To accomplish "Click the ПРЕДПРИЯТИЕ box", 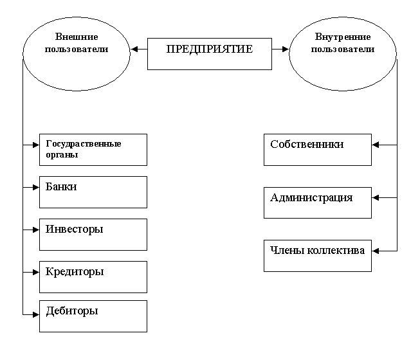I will [x=209, y=53].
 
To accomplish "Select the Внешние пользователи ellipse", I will [x=76, y=50].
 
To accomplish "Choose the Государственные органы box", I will [x=93, y=149].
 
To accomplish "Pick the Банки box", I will [x=93, y=192].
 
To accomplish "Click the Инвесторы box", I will [x=93, y=234].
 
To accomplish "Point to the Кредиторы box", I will [x=93, y=276].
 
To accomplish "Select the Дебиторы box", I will [x=93, y=316].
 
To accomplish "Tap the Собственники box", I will [x=318, y=149].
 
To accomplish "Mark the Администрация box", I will [x=318, y=203].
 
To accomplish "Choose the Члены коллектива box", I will [x=318, y=255].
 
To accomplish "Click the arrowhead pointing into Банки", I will [x=36, y=187].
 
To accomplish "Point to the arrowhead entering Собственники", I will [x=376, y=145].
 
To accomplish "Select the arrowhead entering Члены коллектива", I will [x=376, y=251].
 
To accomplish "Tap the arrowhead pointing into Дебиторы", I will [x=36, y=314].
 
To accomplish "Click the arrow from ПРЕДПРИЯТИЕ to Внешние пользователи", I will [x=138, y=49].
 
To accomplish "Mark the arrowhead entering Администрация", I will [x=376, y=198].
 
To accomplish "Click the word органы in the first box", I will [x=62, y=155].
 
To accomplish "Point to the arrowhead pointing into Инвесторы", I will [x=36, y=230].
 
